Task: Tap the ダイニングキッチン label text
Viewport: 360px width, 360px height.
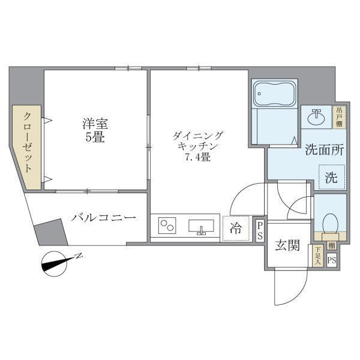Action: tap(197, 141)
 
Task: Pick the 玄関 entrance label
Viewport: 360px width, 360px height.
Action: tap(287, 246)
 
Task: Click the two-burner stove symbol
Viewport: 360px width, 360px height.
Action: tap(167, 227)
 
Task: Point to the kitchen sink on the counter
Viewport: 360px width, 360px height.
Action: tap(202, 227)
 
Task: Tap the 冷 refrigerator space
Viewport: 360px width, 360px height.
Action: tap(237, 228)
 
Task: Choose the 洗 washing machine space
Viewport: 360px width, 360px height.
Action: tap(331, 178)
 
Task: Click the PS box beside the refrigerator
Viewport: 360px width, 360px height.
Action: tap(260, 230)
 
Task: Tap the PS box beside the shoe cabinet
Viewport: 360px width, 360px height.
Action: tap(332, 260)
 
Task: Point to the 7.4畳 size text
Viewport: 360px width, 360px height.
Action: tap(197, 158)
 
